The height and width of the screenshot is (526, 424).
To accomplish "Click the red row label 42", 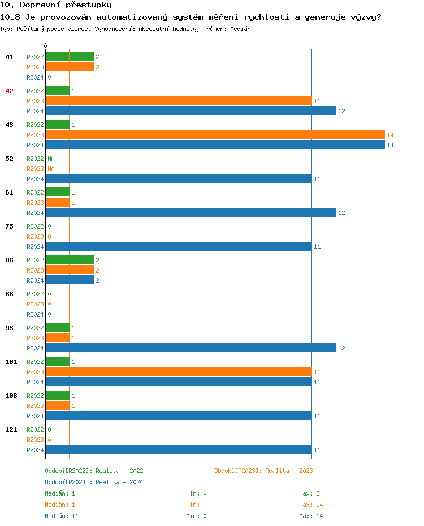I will (9, 91).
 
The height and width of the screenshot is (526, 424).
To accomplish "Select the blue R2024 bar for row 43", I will (215, 145).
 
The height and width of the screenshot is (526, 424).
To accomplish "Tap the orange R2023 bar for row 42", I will (179, 101).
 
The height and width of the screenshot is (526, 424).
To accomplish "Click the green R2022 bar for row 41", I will (70, 57).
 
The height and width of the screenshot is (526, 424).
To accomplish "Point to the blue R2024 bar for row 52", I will (179, 179).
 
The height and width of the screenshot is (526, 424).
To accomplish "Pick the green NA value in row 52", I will (51, 159).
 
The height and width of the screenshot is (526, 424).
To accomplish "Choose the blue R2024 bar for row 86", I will (70, 280).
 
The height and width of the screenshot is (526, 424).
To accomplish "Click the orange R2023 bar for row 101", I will (179, 372).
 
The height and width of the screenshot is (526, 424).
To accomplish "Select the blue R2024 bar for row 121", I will (179, 450).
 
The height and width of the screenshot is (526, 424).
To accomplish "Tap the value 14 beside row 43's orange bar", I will (390, 135).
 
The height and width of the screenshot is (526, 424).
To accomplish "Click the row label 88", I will (9, 294).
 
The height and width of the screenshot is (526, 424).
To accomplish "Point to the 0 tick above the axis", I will (46, 46).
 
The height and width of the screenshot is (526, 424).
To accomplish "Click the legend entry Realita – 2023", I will (263, 471).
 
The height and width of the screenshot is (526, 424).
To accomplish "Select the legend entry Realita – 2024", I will (94, 482).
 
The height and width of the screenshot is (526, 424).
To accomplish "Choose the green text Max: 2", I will (309, 493).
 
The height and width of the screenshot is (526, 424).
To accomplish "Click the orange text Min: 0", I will (196, 505).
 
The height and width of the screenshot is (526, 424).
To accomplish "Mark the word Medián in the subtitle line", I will (240, 29).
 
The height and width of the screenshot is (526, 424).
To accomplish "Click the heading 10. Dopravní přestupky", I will (56, 5).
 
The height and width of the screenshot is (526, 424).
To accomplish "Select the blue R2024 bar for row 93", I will (191, 348).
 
